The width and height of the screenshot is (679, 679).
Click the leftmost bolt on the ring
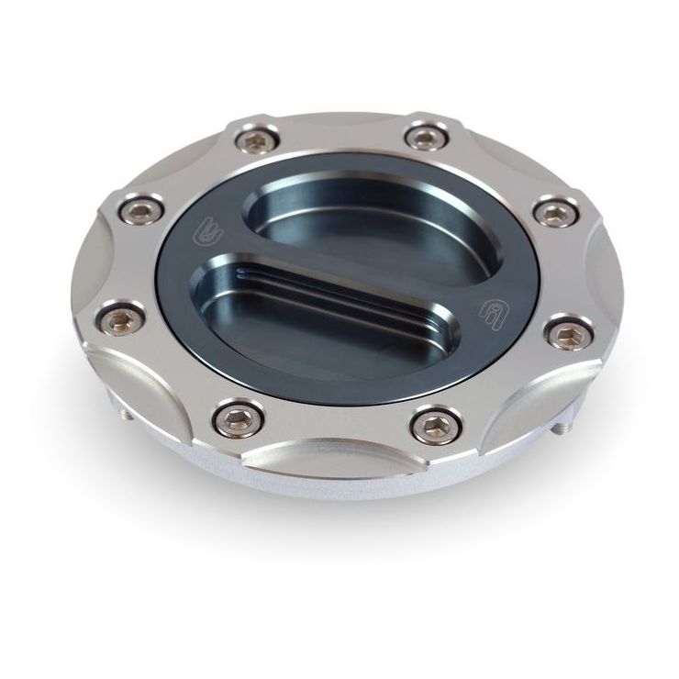tap(120, 320)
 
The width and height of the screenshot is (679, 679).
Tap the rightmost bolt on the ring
tap(569, 332)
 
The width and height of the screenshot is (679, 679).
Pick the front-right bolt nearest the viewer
tap(436, 424)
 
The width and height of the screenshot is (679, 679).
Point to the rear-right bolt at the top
tap(426, 138)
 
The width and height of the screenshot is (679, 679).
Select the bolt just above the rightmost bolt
tap(556, 213)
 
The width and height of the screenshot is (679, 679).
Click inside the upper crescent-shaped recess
tap(367, 220)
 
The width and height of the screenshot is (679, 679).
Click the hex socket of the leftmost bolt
tap(120, 320)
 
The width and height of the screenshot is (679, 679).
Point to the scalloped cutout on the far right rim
tap(601, 275)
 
